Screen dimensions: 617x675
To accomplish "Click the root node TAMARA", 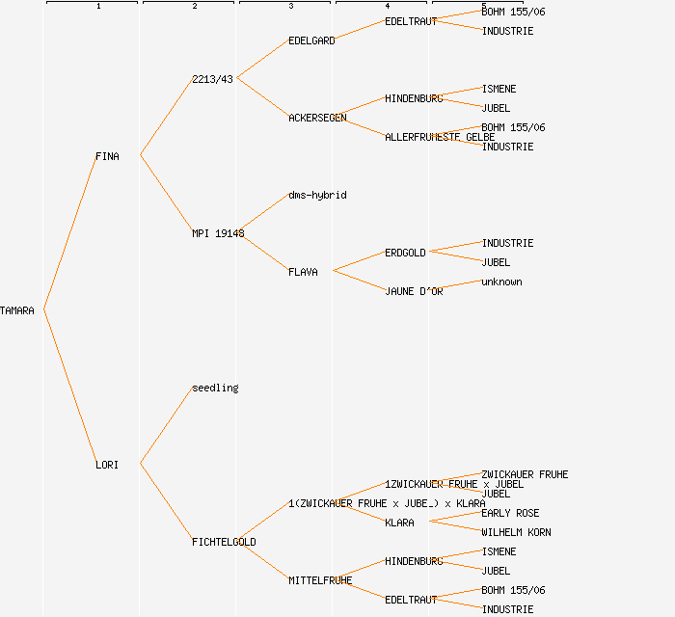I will [17, 310].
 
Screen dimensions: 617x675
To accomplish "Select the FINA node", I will [107, 156].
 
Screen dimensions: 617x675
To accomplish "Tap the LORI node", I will [107, 465].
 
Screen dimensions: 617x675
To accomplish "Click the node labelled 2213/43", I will [212, 79].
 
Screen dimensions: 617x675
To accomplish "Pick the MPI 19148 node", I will [218, 233].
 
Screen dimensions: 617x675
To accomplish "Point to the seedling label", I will [215, 388].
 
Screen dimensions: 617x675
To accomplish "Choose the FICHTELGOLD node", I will [224, 542].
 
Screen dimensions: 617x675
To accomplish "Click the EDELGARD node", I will [311, 40].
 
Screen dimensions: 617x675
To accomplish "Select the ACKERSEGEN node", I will [317, 118].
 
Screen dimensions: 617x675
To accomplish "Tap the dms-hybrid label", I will [317, 195].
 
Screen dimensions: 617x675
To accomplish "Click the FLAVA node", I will [303, 272].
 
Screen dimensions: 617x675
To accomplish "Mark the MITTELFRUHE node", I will [320, 580].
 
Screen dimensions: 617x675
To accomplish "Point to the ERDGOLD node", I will [405, 253].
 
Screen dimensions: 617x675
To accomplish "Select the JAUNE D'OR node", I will [414, 291].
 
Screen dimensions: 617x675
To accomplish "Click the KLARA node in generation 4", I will [399, 523].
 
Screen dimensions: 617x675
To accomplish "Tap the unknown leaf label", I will [501, 282].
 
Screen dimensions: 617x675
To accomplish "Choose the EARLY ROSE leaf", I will [510, 513].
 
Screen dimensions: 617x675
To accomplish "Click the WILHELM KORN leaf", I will [516, 532].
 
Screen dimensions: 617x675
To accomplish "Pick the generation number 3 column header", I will [290, 7].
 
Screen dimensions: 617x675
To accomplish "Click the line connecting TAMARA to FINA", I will [69, 232].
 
